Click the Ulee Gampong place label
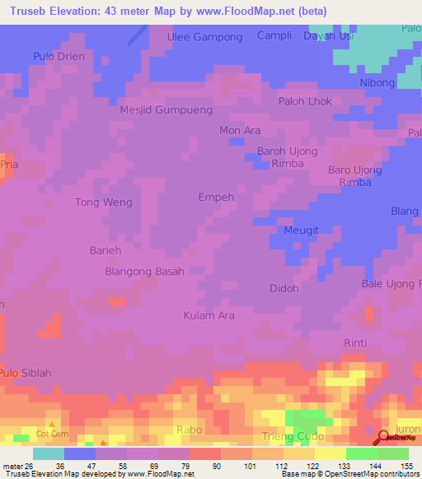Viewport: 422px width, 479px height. [x=204, y=37]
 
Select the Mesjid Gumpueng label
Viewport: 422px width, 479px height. [x=166, y=109]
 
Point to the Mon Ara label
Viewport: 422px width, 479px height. [x=240, y=131]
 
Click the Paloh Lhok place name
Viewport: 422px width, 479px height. [x=304, y=103]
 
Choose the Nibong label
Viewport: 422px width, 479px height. [x=378, y=83]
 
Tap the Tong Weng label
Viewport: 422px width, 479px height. [x=103, y=202]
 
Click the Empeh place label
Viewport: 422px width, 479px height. [x=217, y=198]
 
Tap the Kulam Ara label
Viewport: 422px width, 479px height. [x=209, y=315]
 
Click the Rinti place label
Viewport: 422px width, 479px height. [x=355, y=342]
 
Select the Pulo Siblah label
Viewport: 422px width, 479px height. [x=26, y=373]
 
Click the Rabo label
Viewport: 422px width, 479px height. [x=190, y=430]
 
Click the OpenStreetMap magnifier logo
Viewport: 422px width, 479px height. [x=385, y=439]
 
